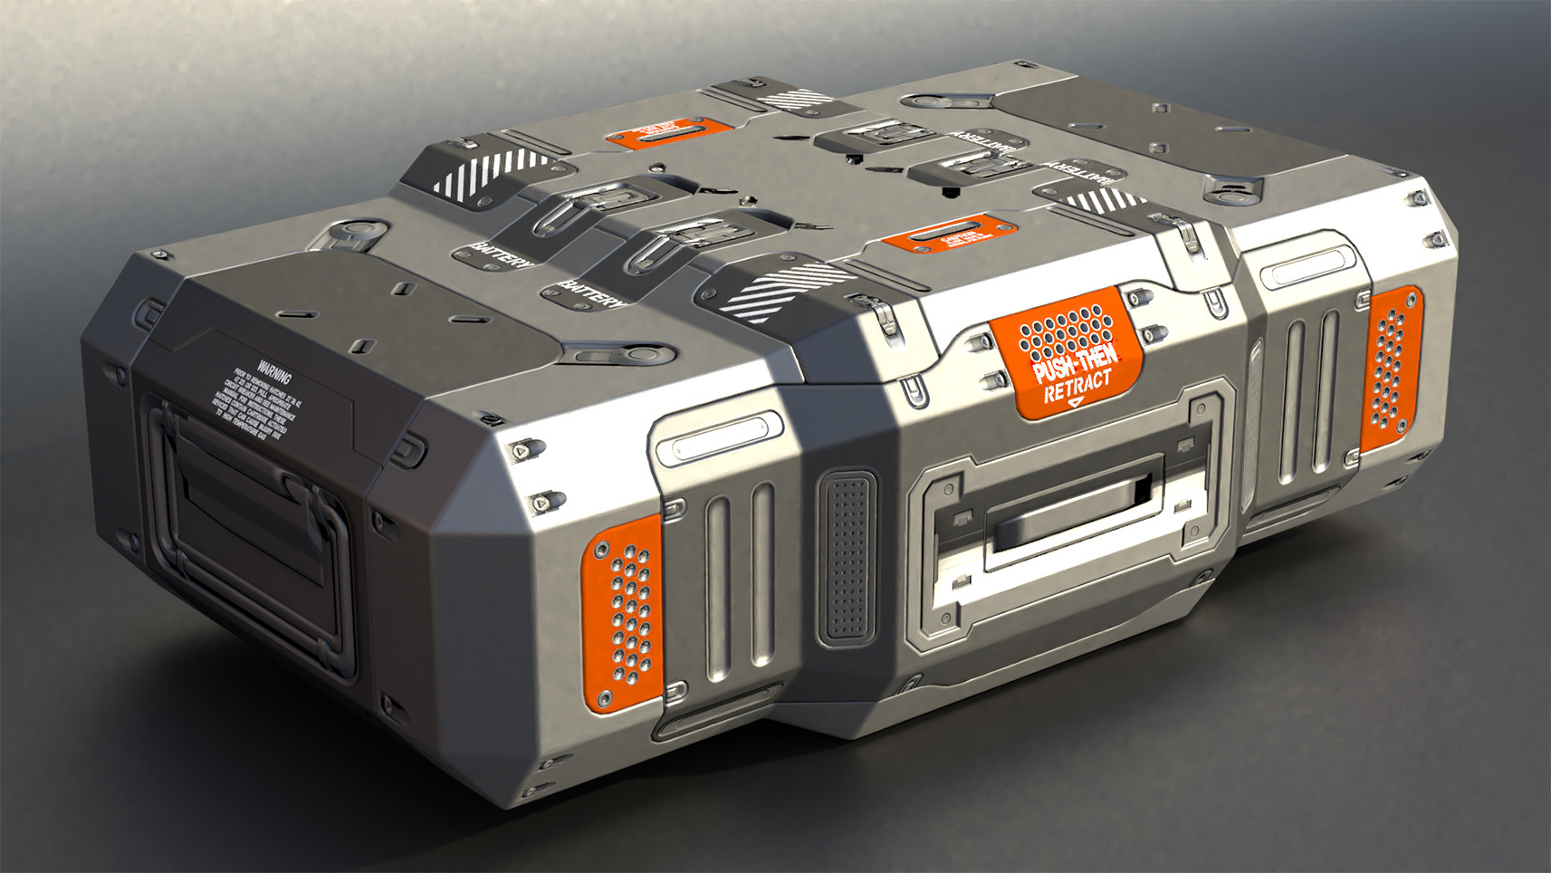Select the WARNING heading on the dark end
[x=273, y=369]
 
